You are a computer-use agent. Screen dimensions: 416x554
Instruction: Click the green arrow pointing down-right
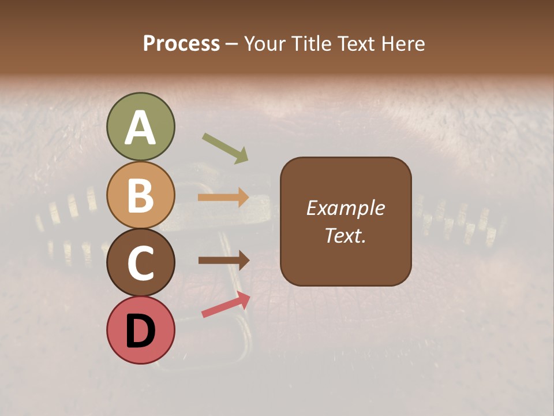[x=225, y=148]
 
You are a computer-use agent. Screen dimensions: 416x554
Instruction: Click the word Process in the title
[x=181, y=43]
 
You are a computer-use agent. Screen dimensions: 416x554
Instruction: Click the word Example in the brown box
[x=346, y=208]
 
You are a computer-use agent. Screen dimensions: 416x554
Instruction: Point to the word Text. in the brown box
[x=346, y=236]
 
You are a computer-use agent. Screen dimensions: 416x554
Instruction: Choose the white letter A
[x=140, y=128]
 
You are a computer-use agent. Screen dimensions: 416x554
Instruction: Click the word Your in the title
[x=264, y=43]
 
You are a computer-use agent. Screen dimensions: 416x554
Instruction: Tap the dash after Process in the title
[x=232, y=44]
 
